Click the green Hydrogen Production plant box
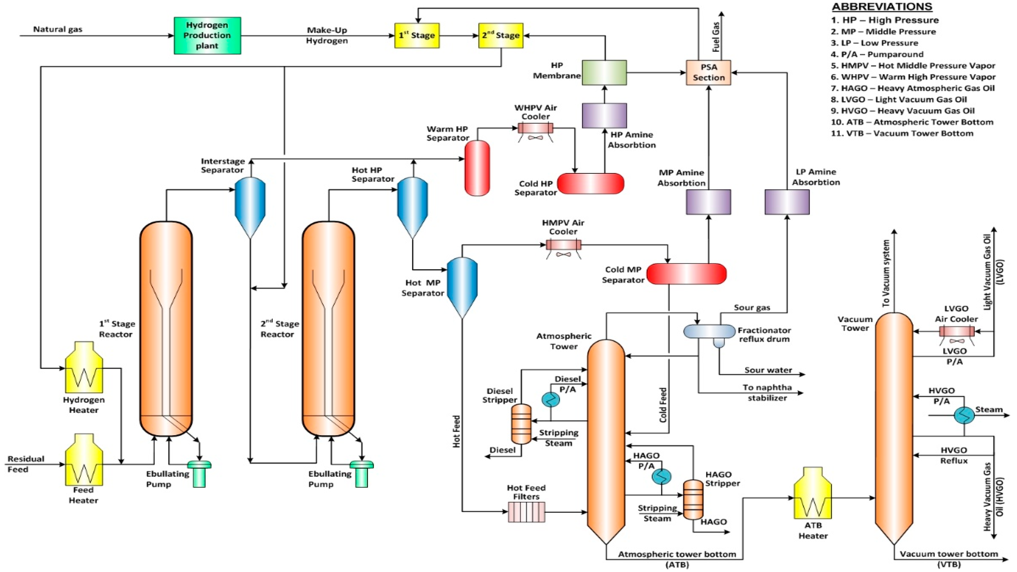click(207, 36)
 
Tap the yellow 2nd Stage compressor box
click(501, 36)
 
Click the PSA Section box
click(708, 73)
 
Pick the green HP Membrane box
click(604, 73)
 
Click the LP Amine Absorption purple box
click(787, 202)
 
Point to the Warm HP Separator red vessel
click(477, 168)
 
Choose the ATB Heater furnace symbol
click(813, 499)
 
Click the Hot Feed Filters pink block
click(526, 512)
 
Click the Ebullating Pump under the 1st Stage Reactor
click(199, 474)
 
